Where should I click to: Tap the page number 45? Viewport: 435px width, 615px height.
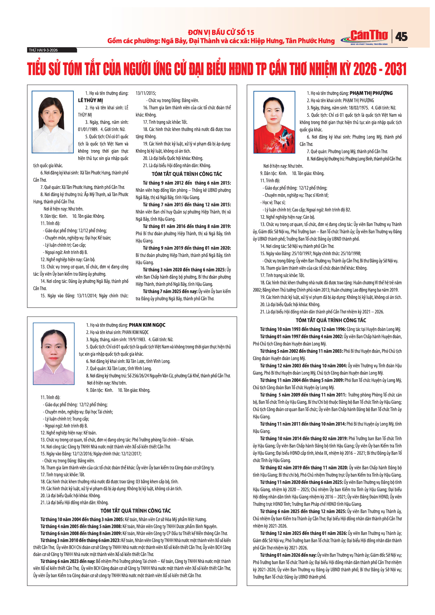tap(401, 36)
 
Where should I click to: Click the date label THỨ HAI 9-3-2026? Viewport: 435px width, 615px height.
tap(43, 50)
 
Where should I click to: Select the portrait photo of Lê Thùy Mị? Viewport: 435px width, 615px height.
tap(53, 122)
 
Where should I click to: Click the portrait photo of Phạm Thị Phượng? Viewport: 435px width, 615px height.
tap(274, 122)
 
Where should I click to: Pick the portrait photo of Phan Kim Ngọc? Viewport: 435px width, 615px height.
tap(54, 354)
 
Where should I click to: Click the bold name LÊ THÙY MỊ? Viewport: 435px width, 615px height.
tap(91, 100)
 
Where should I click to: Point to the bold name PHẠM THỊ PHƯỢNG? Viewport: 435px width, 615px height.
tap(371, 93)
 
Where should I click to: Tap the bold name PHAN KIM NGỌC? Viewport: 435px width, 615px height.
tap(147, 325)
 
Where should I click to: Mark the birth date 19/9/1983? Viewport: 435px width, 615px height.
tap(137, 339)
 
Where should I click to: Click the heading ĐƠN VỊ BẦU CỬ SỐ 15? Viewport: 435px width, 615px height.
tap(221, 32)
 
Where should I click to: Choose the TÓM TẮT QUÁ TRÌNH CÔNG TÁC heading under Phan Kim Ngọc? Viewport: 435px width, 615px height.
tap(136, 511)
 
